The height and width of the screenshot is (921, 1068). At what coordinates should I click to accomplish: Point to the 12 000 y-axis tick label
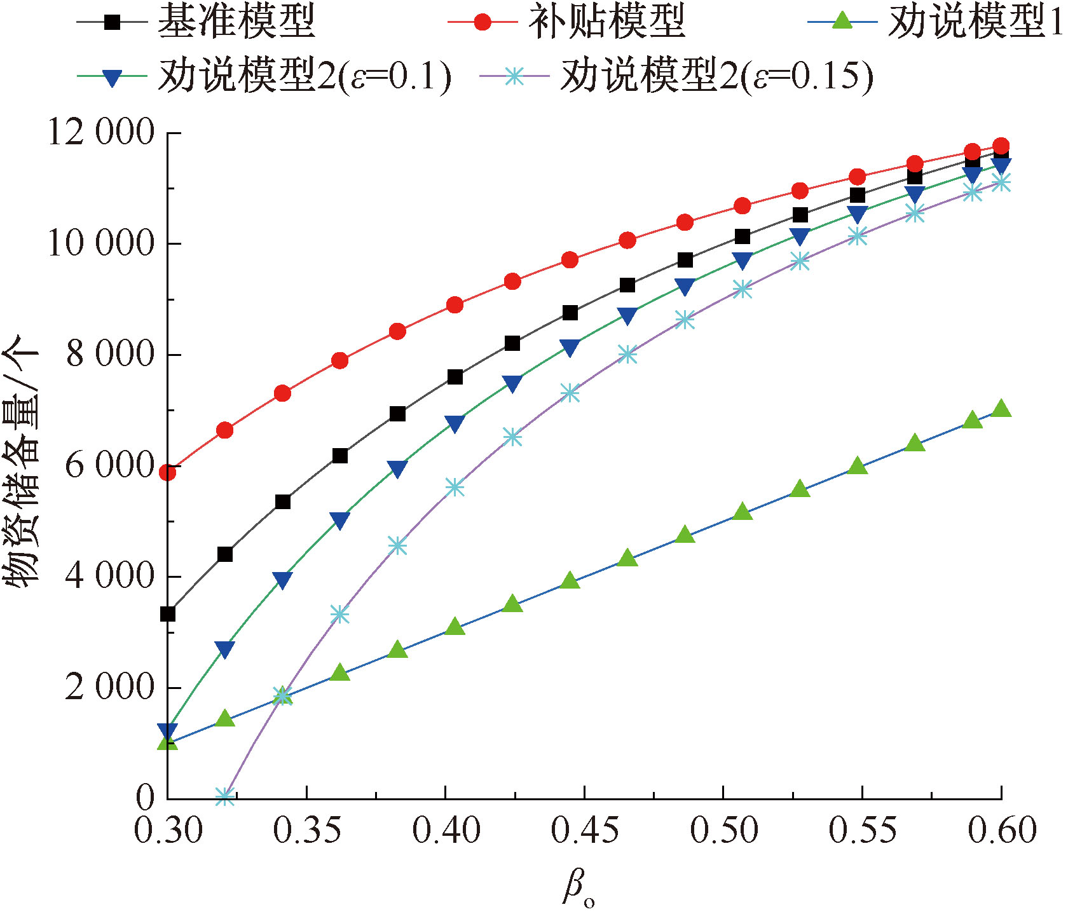(102, 133)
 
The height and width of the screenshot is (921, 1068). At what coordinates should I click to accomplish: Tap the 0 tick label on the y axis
(145, 797)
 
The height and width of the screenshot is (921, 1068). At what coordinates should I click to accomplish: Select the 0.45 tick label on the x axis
(585, 830)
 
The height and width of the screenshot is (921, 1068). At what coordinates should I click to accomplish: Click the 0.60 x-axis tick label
(1002, 830)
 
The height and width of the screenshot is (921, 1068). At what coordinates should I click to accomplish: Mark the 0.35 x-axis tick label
(307, 830)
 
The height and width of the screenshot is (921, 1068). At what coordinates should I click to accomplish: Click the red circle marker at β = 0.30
(167, 472)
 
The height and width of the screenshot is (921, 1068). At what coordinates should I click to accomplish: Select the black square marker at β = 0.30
(167, 614)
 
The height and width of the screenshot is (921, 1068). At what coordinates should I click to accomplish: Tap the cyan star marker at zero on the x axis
(224, 796)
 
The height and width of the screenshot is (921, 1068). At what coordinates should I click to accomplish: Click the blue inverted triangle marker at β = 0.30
(167, 731)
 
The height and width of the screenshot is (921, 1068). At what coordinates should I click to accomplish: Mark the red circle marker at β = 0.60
(1001, 146)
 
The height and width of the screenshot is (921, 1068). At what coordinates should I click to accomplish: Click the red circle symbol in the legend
(483, 23)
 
